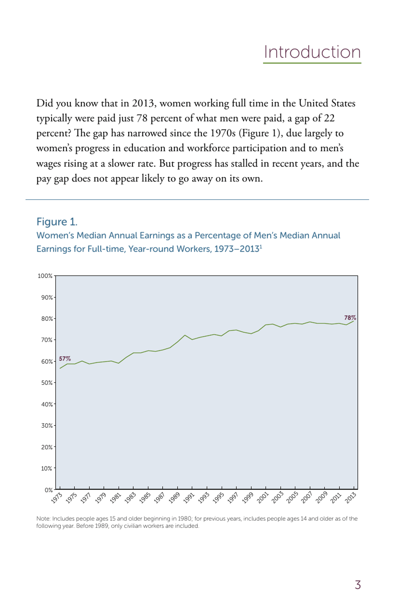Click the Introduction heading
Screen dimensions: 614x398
pyautogui.click(x=312, y=52)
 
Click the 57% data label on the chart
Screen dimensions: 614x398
pyautogui.click(x=65, y=359)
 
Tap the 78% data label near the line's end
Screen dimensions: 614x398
pyautogui.click(x=350, y=318)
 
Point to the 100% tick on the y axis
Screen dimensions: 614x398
pyautogui.click(x=45, y=276)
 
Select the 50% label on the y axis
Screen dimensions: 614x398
pyautogui.click(x=47, y=383)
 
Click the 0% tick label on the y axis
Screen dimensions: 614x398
pyautogui.click(x=49, y=490)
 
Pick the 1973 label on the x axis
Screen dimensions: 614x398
pyautogui.click(x=57, y=498)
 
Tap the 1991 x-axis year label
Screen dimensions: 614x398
pyautogui.click(x=189, y=498)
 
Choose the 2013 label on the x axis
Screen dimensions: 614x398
pyautogui.click(x=351, y=498)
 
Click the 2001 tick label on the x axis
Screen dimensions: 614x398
pyautogui.click(x=263, y=498)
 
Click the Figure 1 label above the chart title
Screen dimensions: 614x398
pyautogui.click(x=57, y=222)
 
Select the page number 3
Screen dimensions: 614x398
pyautogui.click(x=358, y=585)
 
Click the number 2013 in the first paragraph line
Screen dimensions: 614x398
pyautogui.click(x=143, y=103)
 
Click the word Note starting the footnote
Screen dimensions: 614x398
pyautogui.click(x=43, y=519)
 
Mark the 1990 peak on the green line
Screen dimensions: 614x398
pyautogui.click(x=185, y=335)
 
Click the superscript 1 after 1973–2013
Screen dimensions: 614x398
pyautogui.click(x=261, y=247)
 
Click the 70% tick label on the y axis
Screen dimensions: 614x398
pyautogui.click(x=47, y=340)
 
